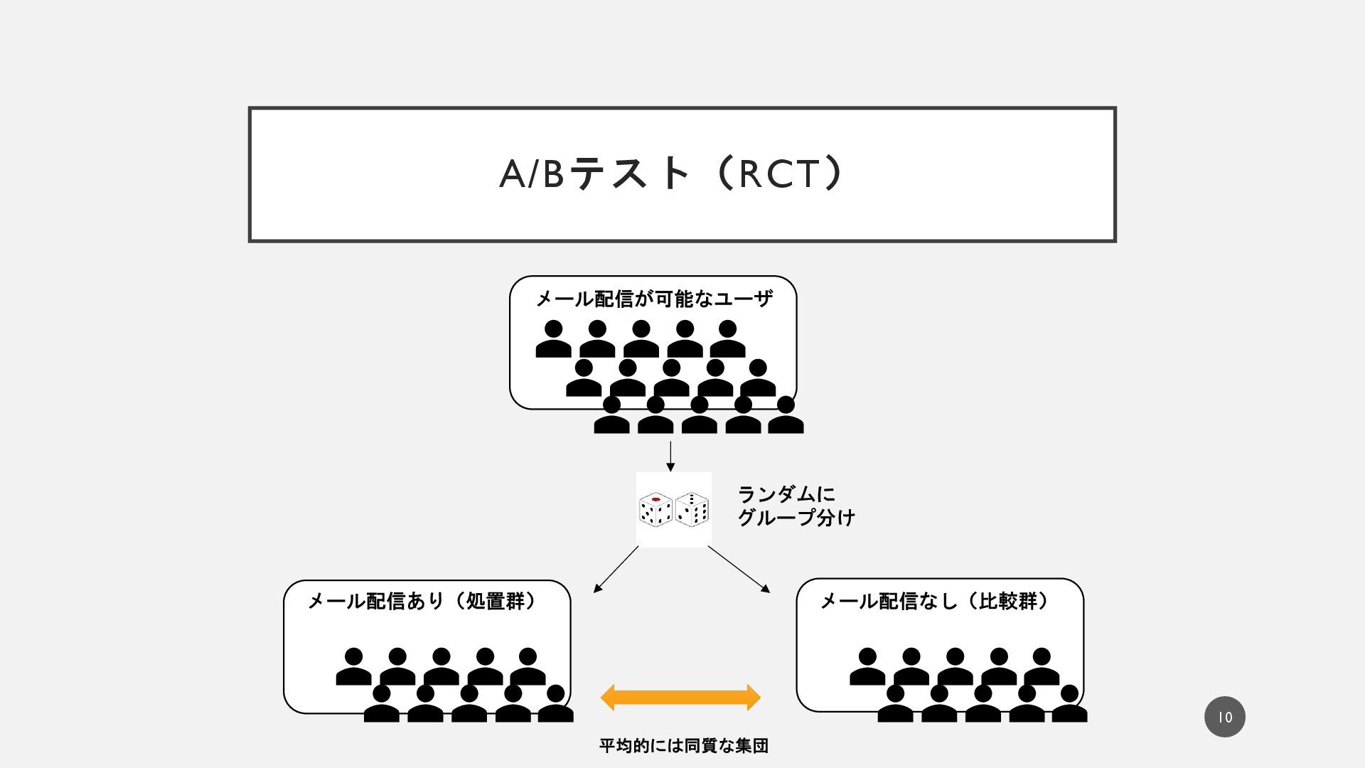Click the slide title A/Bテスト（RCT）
pos(671,174)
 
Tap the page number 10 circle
pos(1224,717)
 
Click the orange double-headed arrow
pos(680,698)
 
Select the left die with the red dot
pos(655,509)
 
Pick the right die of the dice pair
pos(692,509)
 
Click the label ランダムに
pos(786,494)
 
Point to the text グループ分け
pos(796,518)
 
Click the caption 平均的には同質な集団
pos(683,746)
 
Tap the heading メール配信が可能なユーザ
pos(653,299)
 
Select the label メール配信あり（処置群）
pos(424,602)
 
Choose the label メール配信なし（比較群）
pos(936,602)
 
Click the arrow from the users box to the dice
pos(670,456)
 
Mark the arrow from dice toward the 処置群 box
pos(616,569)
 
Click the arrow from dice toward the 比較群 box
pos(739,569)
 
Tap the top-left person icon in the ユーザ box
pos(553,339)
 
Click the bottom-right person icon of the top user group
pos(786,416)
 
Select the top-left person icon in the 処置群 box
pos(353,667)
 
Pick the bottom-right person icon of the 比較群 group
pos(1069,704)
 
